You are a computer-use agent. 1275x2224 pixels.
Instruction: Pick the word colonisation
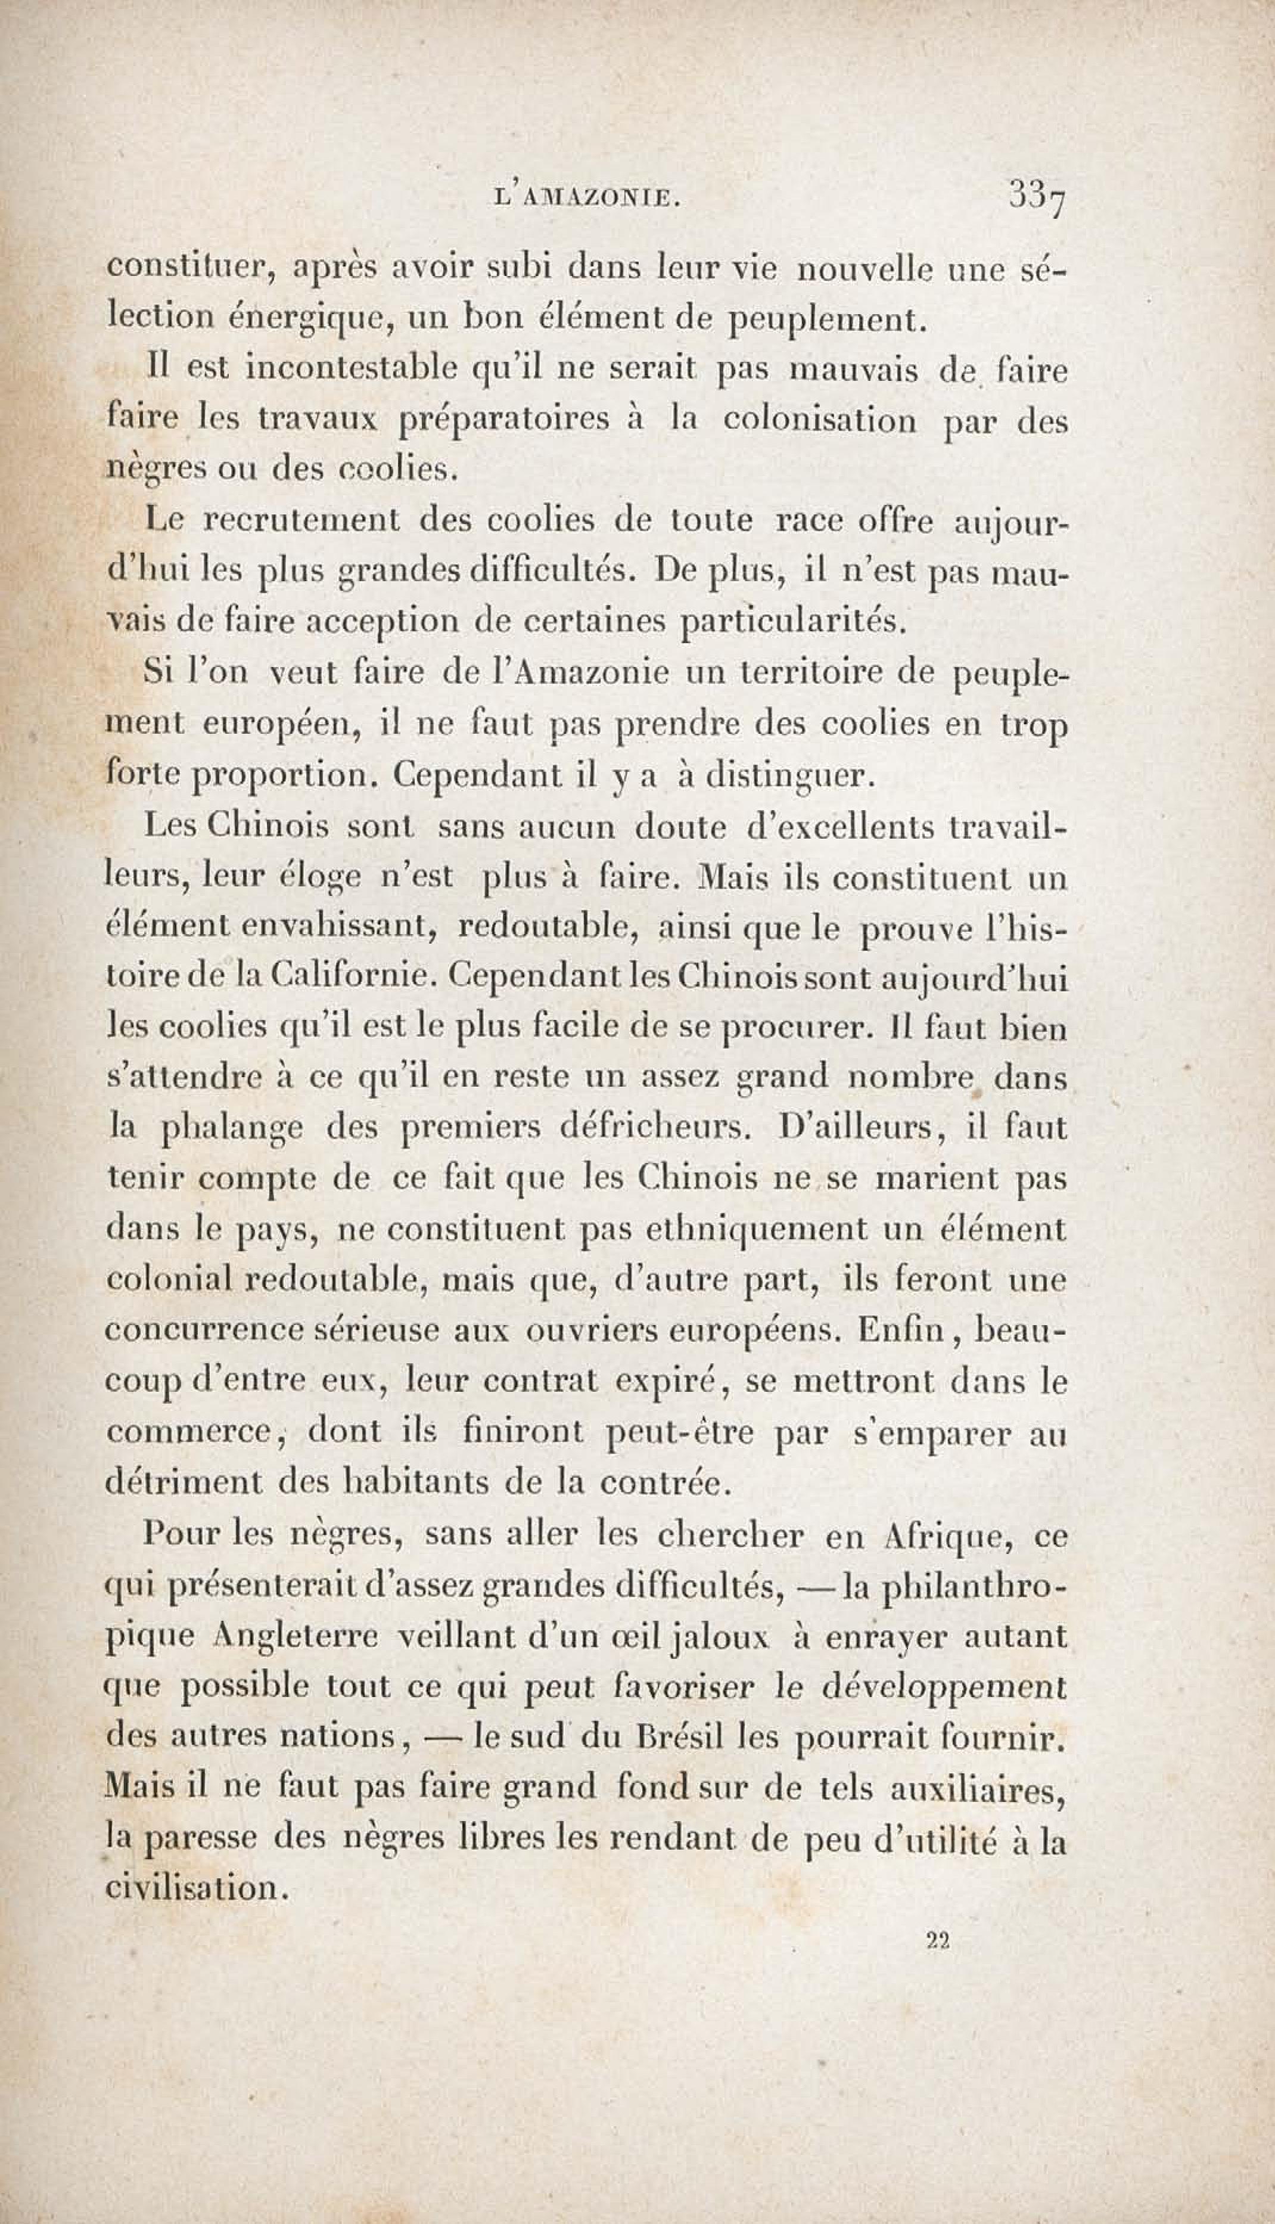click(820, 420)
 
